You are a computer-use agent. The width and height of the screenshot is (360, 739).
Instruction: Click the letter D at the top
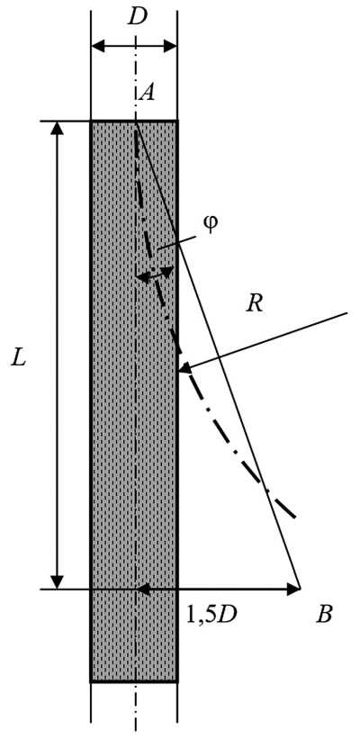[x=137, y=17]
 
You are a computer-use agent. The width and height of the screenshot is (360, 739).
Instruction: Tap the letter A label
[x=148, y=93]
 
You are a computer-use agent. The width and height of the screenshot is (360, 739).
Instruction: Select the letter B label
[x=325, y=615]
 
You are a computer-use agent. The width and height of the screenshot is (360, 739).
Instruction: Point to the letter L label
[x=19, y=360]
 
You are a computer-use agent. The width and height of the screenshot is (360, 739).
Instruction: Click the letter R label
[x=255, y=304]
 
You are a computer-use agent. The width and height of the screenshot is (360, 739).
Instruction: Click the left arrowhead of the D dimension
[x=95, y=47]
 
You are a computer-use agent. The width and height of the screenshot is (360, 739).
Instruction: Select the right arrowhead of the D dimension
[x=171, y=47]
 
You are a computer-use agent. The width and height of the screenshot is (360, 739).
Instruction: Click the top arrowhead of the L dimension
[x=57, y=127]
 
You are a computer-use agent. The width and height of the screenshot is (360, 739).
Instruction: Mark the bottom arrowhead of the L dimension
[x=57, y=582]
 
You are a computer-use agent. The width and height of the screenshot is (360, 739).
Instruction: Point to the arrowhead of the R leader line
[x=184, y=367]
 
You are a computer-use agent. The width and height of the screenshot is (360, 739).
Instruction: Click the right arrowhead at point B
[x=293, y=588]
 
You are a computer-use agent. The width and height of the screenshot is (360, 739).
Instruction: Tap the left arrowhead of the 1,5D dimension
[x=142, y=588]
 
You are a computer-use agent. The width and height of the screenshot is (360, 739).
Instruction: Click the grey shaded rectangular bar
[x=134, y=401]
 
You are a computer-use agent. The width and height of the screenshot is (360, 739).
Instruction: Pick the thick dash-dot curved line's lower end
[x=295, y=518]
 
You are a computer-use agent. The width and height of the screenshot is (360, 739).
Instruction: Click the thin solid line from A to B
[x=218, y=355]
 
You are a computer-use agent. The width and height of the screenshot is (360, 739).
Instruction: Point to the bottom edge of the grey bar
[x=134, y=681]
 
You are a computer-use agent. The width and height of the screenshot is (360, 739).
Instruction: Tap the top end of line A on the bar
[x=136, y=122]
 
